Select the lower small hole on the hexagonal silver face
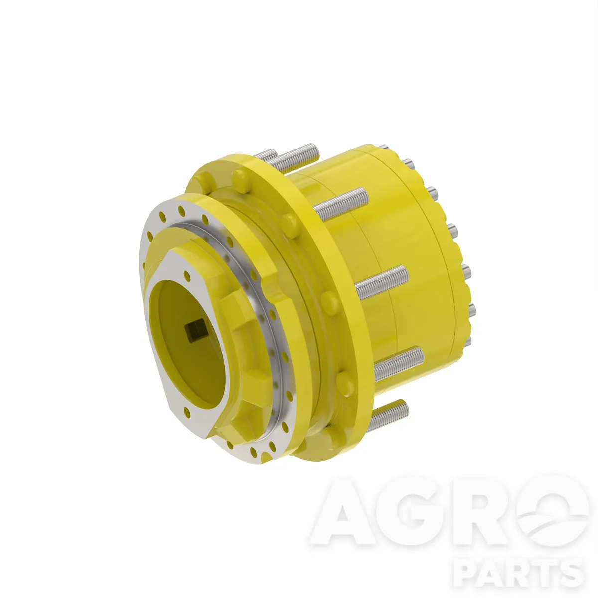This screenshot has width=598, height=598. [187, 412]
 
